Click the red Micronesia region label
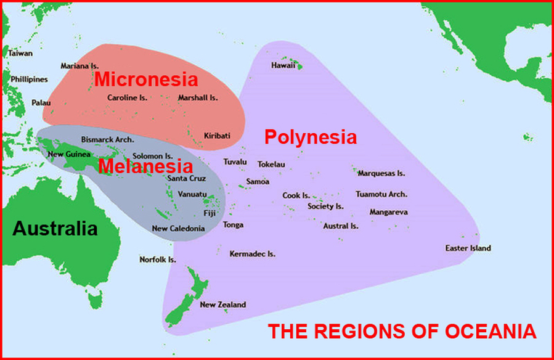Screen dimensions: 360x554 tap(146, 80)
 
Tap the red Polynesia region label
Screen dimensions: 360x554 tap(311, 137)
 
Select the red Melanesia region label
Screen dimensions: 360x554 tap(142, 166)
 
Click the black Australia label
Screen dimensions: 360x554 tap(55, 229)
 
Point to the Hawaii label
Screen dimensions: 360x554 tap(283, 66)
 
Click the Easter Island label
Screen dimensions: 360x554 tap(468, 248)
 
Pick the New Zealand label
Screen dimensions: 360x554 tap(223, 305)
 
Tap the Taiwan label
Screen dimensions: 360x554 tap(20, 54)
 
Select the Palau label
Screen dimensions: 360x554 tap(25, 102)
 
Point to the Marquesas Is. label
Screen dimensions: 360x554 tap(381, 174)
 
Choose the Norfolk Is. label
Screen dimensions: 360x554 tap(158, 260)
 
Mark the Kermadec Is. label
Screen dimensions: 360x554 tap(252, 254)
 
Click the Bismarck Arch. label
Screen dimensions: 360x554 tap(108, 140)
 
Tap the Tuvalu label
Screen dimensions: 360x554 tap(235, 162)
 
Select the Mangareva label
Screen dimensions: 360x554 tap(388, 212)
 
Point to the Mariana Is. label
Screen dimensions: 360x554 tap(79, 66)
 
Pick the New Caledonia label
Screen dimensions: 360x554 tap(178, 229)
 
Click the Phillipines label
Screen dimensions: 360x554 tap(29, 80)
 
